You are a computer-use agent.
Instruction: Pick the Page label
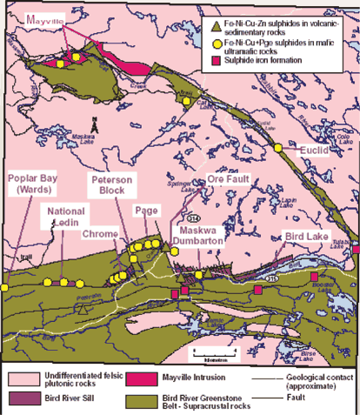pos(144,211)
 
